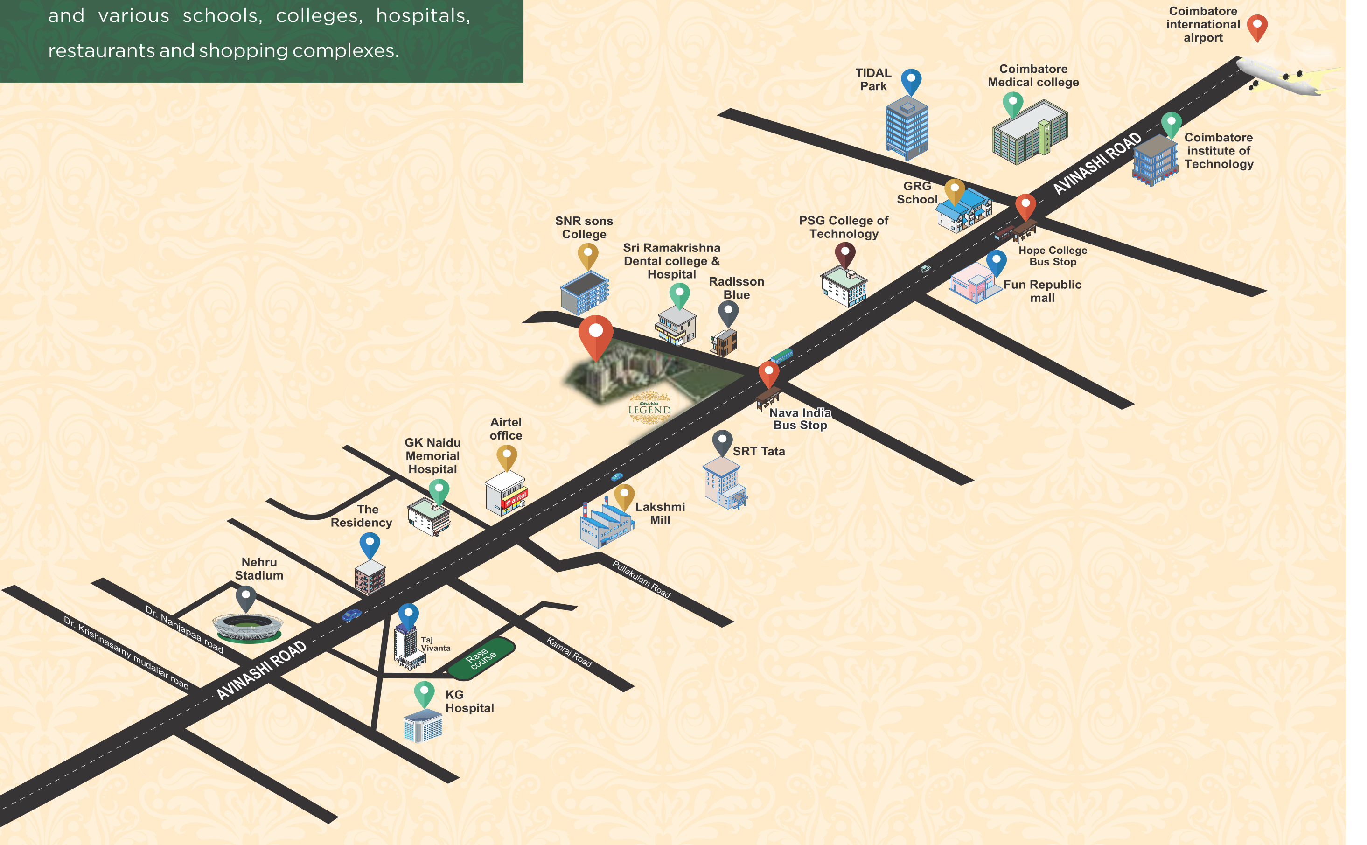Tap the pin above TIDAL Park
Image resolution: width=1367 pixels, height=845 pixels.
pos(911,83)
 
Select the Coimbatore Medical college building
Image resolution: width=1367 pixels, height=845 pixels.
pos(1030,133)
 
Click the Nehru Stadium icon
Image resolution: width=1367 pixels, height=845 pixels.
pos(247,628)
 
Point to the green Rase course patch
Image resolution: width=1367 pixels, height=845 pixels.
pos(481,658)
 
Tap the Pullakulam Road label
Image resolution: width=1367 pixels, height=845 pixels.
pos(642,579)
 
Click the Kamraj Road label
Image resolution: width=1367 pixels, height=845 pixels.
pos(569,652)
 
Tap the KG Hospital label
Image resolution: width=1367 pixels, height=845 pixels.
pos(469,701)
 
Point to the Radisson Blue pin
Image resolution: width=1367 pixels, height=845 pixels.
pos(728,314)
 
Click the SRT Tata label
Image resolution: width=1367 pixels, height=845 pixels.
pos(759,451)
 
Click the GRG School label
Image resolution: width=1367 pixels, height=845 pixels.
pos(917,192)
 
